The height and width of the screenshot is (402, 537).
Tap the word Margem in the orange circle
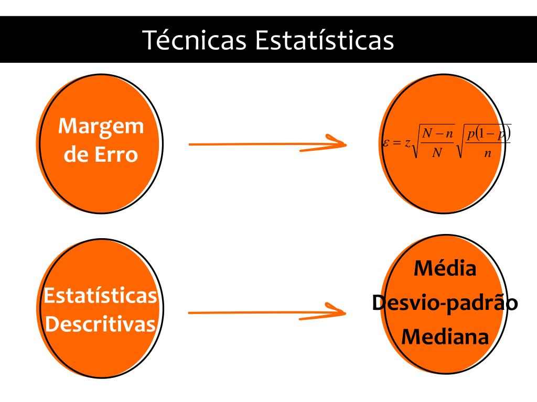click(101, 127)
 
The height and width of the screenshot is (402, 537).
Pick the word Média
click(445, 269)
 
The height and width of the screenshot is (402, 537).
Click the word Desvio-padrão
click(445, 303)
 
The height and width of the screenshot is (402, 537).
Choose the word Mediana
click(445, 336)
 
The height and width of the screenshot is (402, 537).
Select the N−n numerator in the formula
click(438, 133)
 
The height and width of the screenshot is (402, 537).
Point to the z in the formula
click(407, 143)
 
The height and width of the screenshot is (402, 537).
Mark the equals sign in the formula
click(396, 143)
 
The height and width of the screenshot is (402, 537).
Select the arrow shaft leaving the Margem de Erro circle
click(252, 143)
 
